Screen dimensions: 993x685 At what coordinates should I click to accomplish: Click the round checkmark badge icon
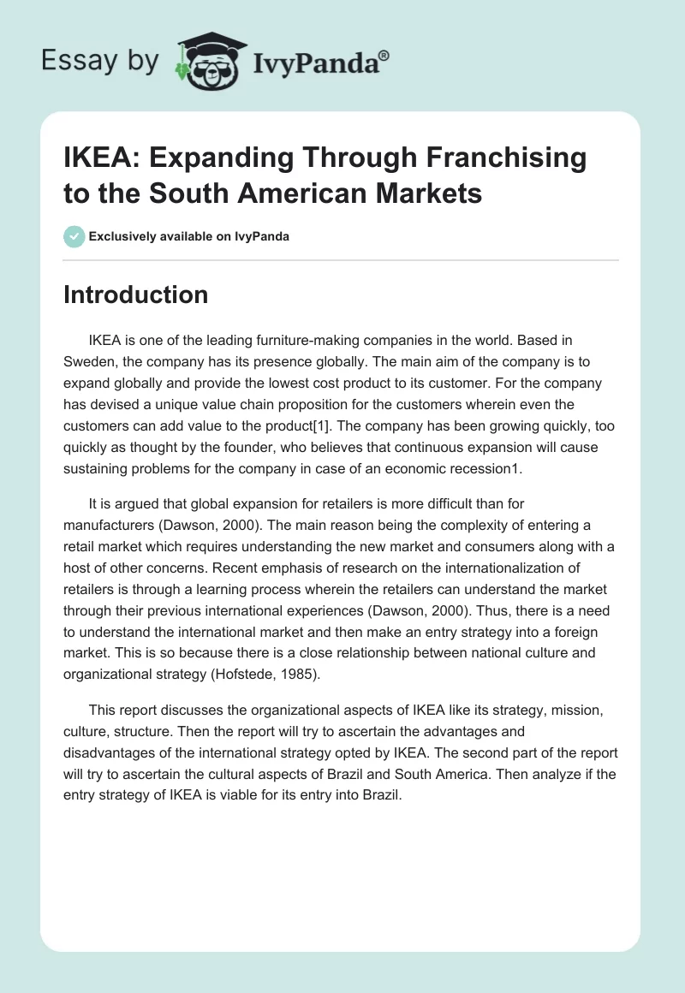[x=74, y=236]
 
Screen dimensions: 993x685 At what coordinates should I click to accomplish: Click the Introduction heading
[x=135, y=294]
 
